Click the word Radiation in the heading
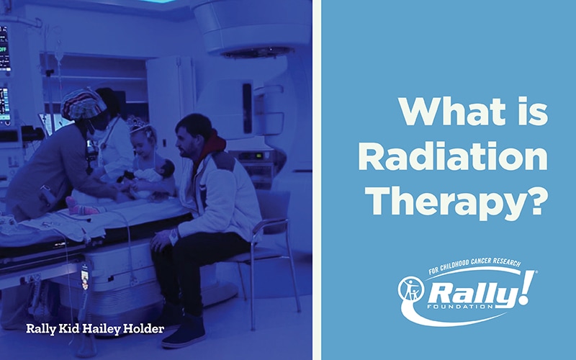453,156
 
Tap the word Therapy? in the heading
459,203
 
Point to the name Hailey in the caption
101,328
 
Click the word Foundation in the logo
460,306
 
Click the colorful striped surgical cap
83,104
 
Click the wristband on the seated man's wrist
173,236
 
